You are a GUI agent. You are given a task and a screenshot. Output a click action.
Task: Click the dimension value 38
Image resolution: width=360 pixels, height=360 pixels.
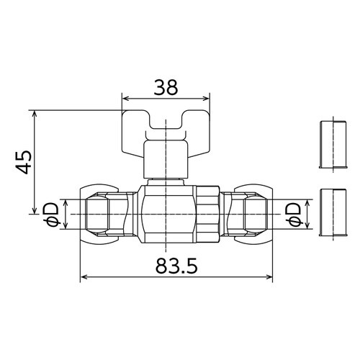coord(166,87)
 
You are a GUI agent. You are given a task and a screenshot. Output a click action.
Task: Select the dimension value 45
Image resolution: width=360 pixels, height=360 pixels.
coord(24,162)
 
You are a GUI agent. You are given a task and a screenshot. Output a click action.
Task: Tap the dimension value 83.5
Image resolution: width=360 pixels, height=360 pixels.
coord(176,266)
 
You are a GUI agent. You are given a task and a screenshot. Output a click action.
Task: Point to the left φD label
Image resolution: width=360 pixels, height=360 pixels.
coord(52,215)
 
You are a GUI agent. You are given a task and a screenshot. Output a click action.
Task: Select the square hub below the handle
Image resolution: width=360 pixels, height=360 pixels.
coord(166,160)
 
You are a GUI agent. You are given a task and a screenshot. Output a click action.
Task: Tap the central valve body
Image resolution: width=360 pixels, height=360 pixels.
coord(168,215)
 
